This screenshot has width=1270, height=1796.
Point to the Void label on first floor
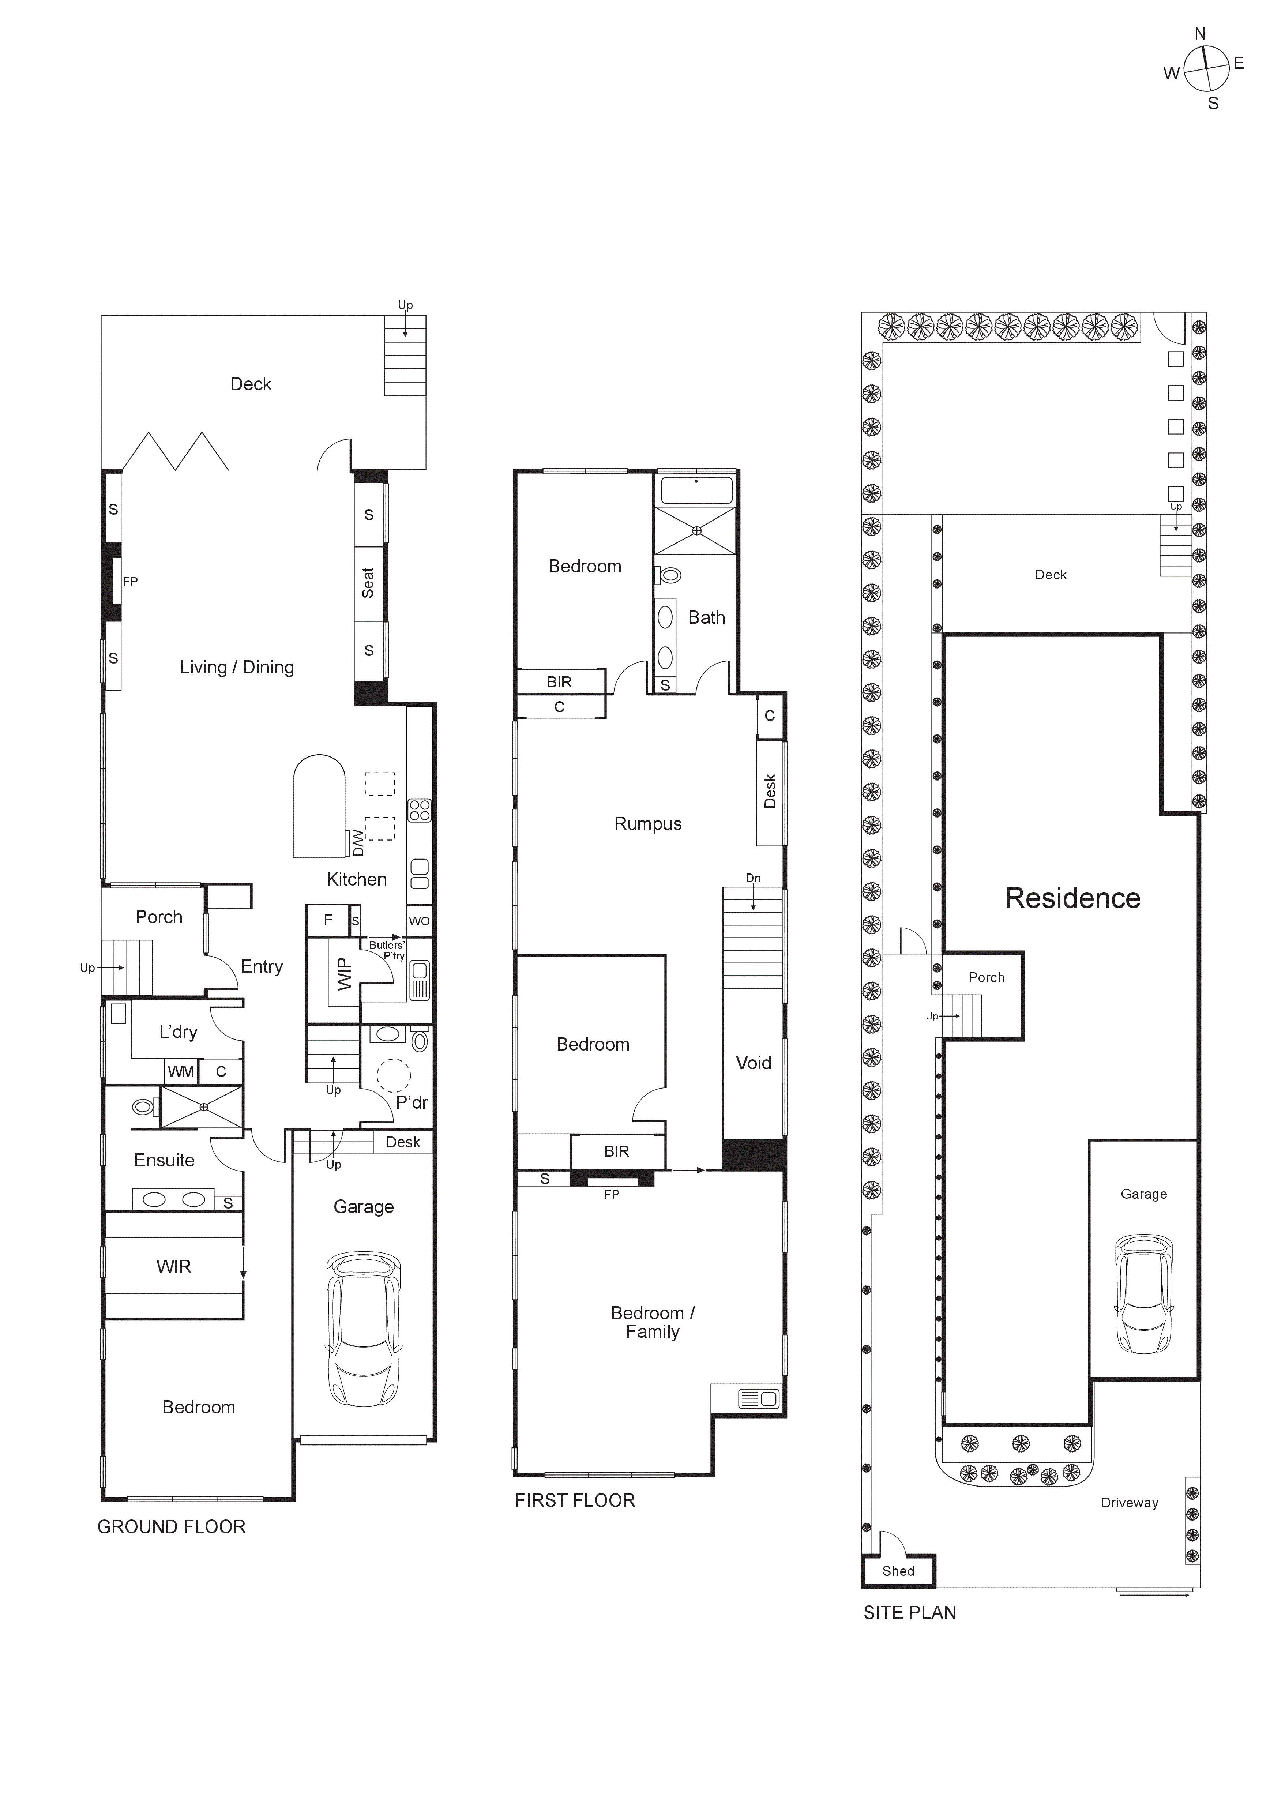click(x=753, y=1063)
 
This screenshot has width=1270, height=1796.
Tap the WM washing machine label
click(x=181, y=1072)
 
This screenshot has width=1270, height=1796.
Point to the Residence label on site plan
click(x=1072, y=898)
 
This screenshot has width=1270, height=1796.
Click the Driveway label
click(x=1129, y=1503)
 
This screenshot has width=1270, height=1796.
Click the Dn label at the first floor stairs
click(x=753, y=878)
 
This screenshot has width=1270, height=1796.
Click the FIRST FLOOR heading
click(x=575, y=1500)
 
